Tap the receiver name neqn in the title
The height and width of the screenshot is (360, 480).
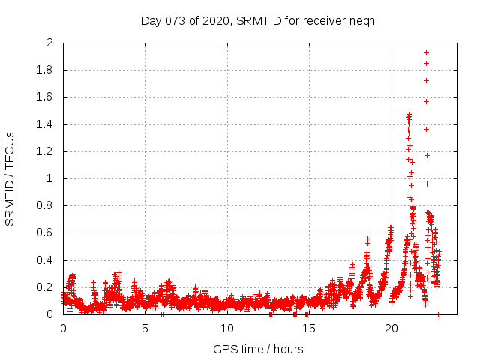coord(362,20)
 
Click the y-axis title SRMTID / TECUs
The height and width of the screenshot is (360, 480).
coord(10,178)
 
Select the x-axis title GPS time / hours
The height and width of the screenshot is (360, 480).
coord(258,349)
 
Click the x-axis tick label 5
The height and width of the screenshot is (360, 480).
coord(145,328)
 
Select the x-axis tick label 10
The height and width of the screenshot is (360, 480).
coord(226,328)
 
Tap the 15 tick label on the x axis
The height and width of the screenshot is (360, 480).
coord(308,328)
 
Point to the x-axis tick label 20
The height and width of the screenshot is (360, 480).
coord(390,328)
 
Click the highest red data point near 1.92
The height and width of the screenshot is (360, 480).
coord(426,52)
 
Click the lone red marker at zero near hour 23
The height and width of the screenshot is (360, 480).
coord(438,314)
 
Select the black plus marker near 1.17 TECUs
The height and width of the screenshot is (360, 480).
coord(427,155)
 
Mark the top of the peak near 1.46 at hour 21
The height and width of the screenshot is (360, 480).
coord(409,115)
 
